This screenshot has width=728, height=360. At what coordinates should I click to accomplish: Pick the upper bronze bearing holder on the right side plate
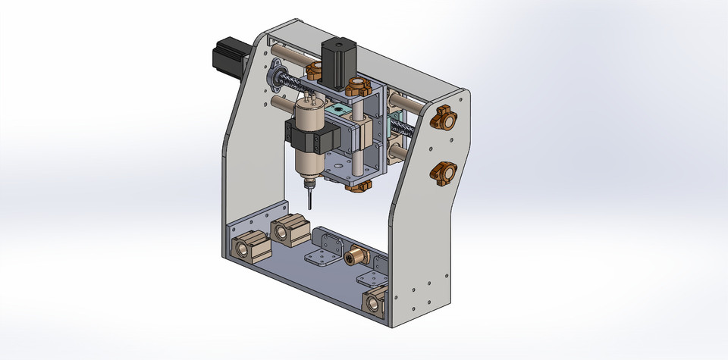click(444, 118)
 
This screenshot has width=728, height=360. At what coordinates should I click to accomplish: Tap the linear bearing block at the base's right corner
click(376, 300)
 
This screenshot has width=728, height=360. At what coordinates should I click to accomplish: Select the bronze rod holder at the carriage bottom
click(360, 184)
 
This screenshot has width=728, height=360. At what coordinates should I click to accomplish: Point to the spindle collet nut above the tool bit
click(308, 182)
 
